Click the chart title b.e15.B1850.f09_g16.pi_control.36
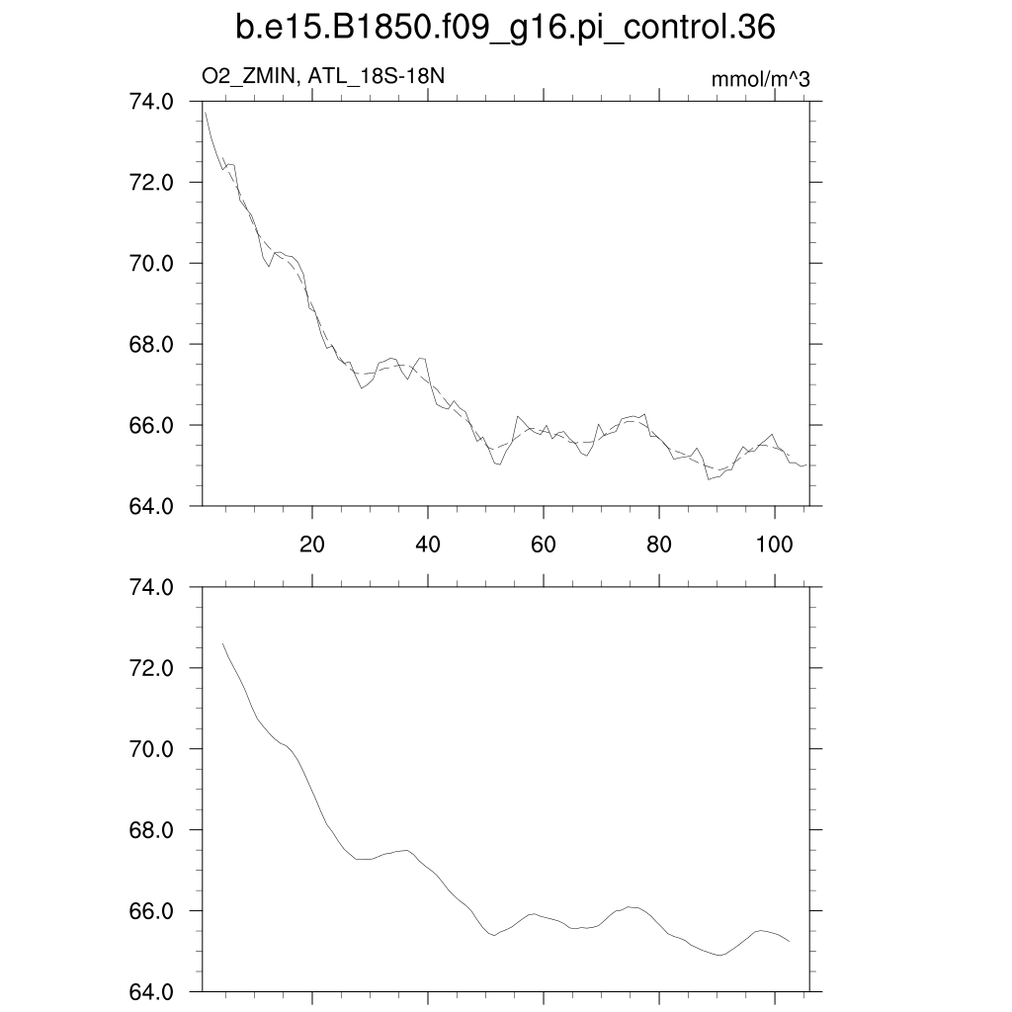505,29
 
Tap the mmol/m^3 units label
760,79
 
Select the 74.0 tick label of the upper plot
153,101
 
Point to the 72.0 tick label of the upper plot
153,182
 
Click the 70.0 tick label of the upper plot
153,263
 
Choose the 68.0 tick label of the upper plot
153,344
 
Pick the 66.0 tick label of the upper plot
153,425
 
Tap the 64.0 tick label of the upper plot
153,506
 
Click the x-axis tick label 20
312,544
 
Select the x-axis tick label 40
428,544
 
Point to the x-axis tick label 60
544,544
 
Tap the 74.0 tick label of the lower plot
153,587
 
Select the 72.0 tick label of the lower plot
153,668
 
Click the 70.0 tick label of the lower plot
153,749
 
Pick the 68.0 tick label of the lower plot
153,830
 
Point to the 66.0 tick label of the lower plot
153,911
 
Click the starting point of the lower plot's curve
223,643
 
